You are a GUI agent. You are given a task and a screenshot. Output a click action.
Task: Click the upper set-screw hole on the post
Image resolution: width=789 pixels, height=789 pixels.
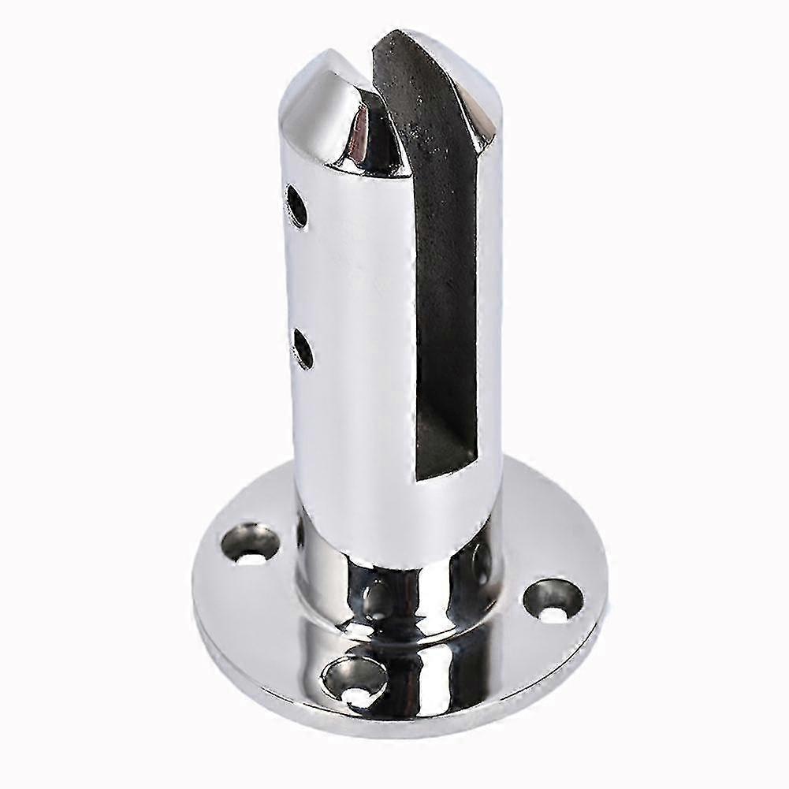coord(296,204)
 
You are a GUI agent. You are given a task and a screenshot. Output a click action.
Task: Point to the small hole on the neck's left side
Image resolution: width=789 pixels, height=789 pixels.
coord(301,530)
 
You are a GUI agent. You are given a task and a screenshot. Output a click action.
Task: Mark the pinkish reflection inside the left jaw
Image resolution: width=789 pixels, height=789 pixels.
coord(365,130)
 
